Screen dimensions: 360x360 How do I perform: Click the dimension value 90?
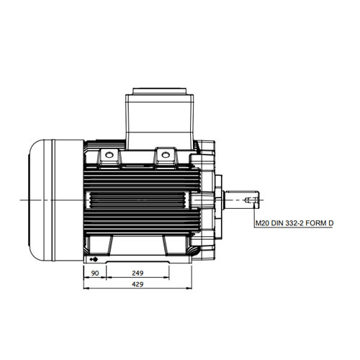coord(95,273)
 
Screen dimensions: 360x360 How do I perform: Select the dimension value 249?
coord(138,273)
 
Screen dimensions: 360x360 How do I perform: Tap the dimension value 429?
coord(138,284)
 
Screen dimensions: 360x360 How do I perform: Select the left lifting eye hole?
coord(109,155)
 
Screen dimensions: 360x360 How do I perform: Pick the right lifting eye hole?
coord(165,155)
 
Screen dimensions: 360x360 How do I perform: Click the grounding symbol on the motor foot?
coord(94,259)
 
